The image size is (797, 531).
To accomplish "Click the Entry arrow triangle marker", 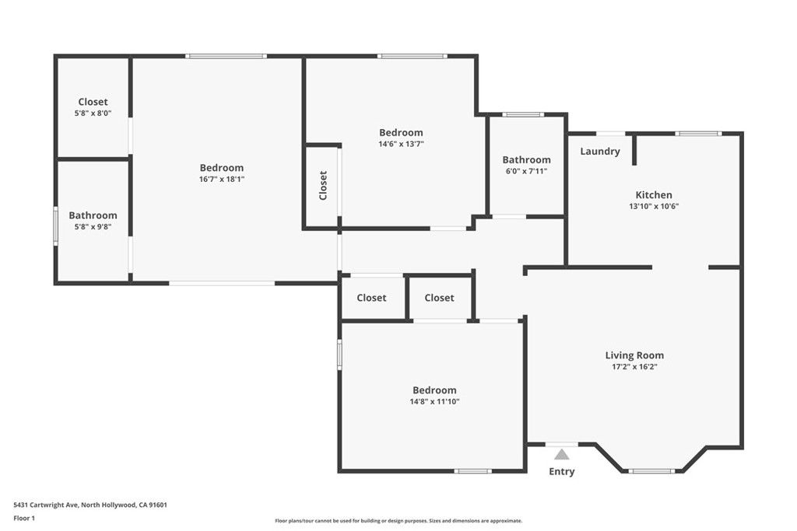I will pos(562,454).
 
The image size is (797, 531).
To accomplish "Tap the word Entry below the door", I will pos(562,472).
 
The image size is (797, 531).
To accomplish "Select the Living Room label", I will pos(634,355).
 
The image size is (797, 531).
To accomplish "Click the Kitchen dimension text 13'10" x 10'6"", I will pos(654,207).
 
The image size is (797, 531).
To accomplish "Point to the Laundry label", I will pos(600,152).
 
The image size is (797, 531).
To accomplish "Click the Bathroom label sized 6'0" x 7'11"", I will pos(526,159).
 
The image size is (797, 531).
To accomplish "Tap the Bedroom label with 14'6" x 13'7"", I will pos(401,132).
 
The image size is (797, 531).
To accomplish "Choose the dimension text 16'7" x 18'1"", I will pos(222,179).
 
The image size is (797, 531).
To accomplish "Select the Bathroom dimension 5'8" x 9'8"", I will pos(93,227).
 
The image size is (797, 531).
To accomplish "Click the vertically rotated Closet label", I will pos(323,186).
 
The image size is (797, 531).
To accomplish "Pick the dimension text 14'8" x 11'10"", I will pos(434,402).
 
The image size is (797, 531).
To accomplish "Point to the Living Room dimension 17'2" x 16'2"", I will pos(634,367).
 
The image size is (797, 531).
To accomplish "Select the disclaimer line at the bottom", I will pos(398,521).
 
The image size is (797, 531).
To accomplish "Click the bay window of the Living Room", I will pos(652,471).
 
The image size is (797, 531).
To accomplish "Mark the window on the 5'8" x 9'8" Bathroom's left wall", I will pos(55,225).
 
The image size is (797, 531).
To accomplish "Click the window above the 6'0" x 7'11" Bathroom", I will pos(523,115).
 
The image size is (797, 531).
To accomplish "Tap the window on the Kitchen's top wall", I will pos(698,134).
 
